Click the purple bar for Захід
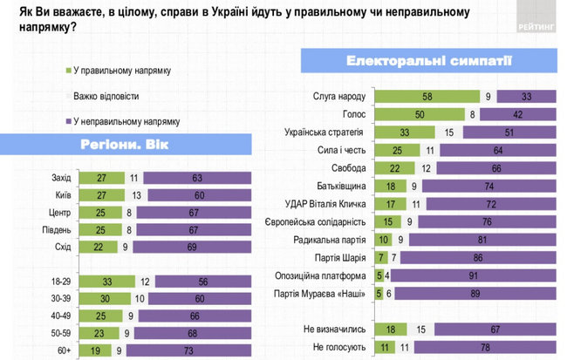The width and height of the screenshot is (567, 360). pyautogui.click(x=199, y=178)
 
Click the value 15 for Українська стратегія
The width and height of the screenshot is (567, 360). pyautogui.click(x=449, y=132)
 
